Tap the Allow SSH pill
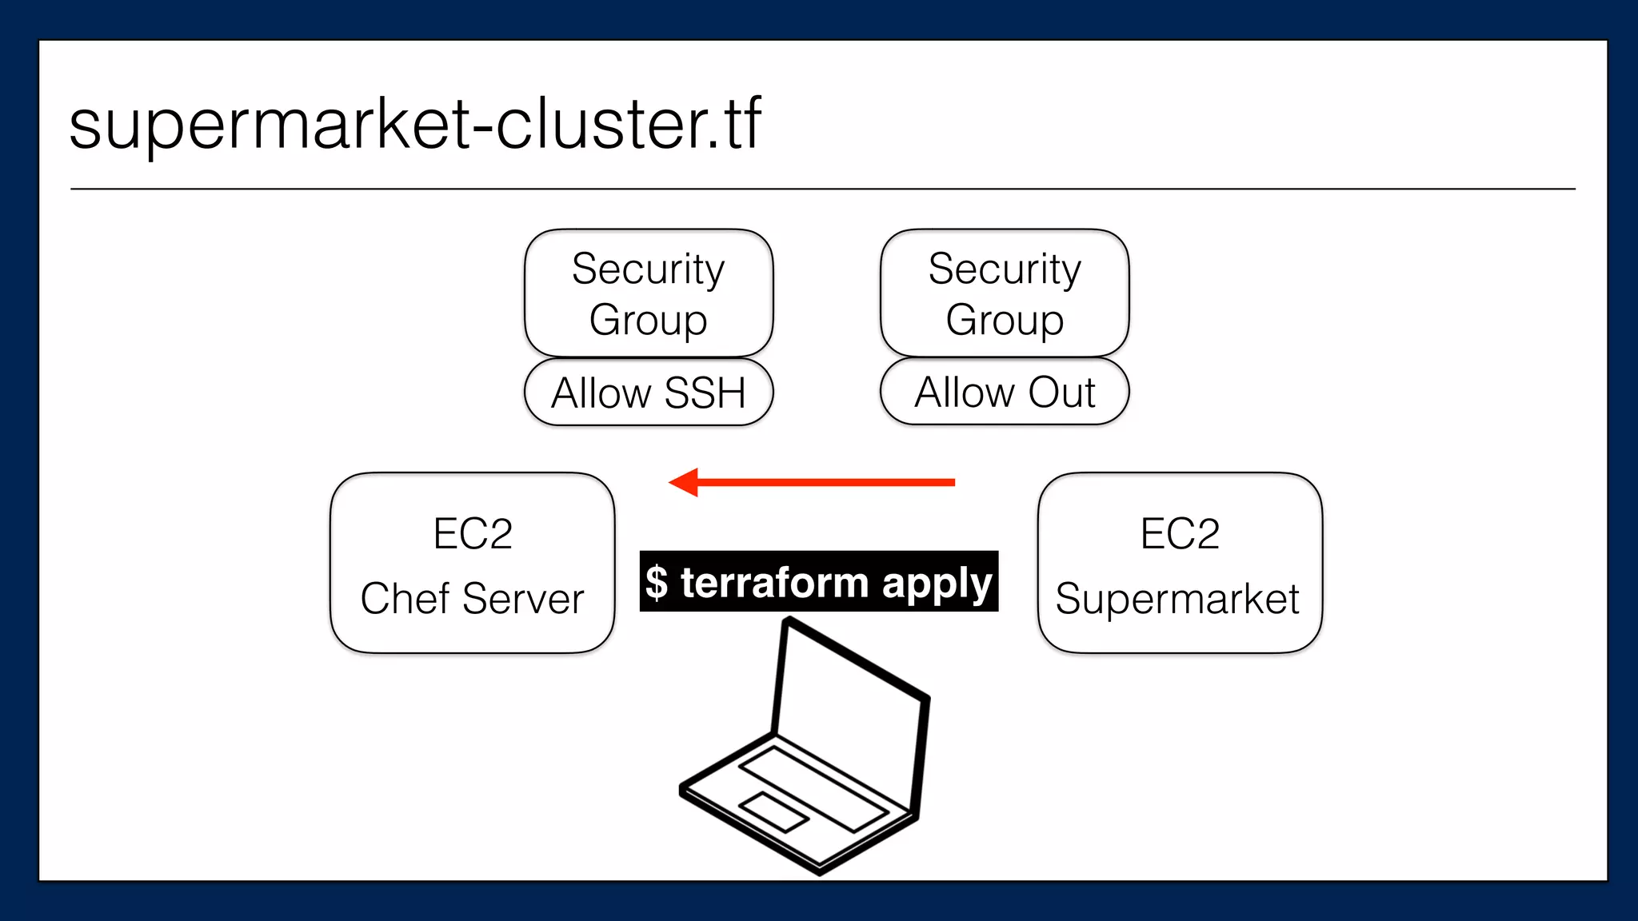pos(648,393)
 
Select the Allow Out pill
pos(1005,392)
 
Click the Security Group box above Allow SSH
pos(648,293)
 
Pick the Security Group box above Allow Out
pos(1005,293)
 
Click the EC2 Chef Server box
pos(472,564)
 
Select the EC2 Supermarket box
pos(1180,564)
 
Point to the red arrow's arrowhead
pos(685,482)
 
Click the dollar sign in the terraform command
pos(657,582)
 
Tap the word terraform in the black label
pos(774,582)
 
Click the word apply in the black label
pos(937,584)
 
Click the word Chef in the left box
pos(405,599)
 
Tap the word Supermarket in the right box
pos(1177,600)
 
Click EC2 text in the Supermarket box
pos(1180,533)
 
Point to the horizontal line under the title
pos(822,189)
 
